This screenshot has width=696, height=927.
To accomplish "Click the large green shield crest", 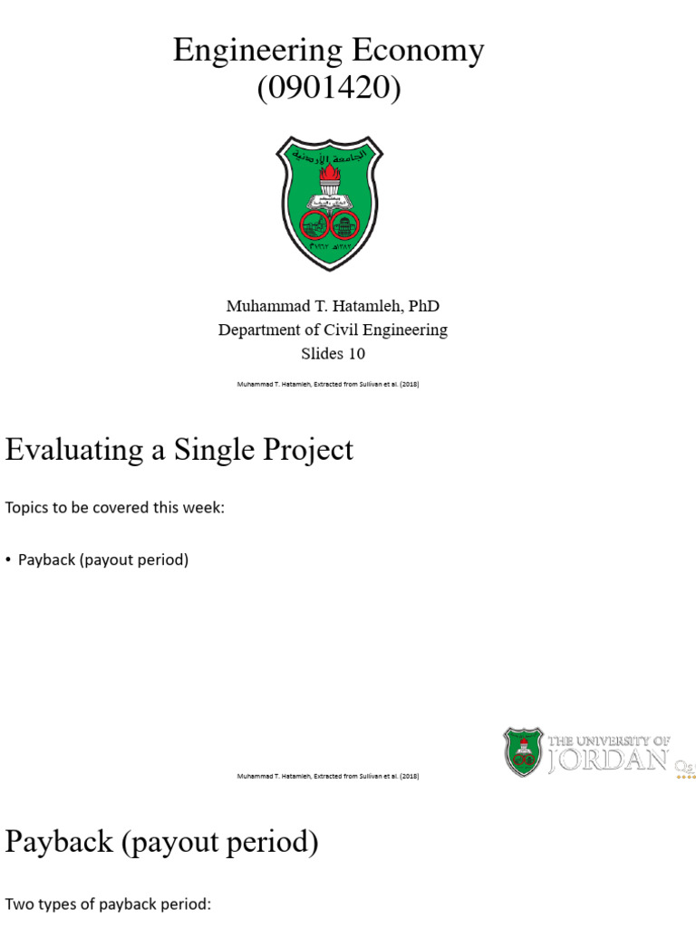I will tap(329, 202).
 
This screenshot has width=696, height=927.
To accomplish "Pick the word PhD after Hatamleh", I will tap(424, 307).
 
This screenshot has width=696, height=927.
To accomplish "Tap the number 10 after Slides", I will tap(355, 353).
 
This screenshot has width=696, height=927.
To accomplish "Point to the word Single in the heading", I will tap(207, 450).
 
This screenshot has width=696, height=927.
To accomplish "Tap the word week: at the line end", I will tap(203, 508).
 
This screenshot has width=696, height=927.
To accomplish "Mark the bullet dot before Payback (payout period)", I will tap(8, 560).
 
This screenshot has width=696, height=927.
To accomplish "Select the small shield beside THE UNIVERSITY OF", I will tap(523, 752).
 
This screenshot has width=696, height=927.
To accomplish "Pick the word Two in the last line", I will tap(17, 904).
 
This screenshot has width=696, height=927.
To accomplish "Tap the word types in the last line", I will tap(53, 904).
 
